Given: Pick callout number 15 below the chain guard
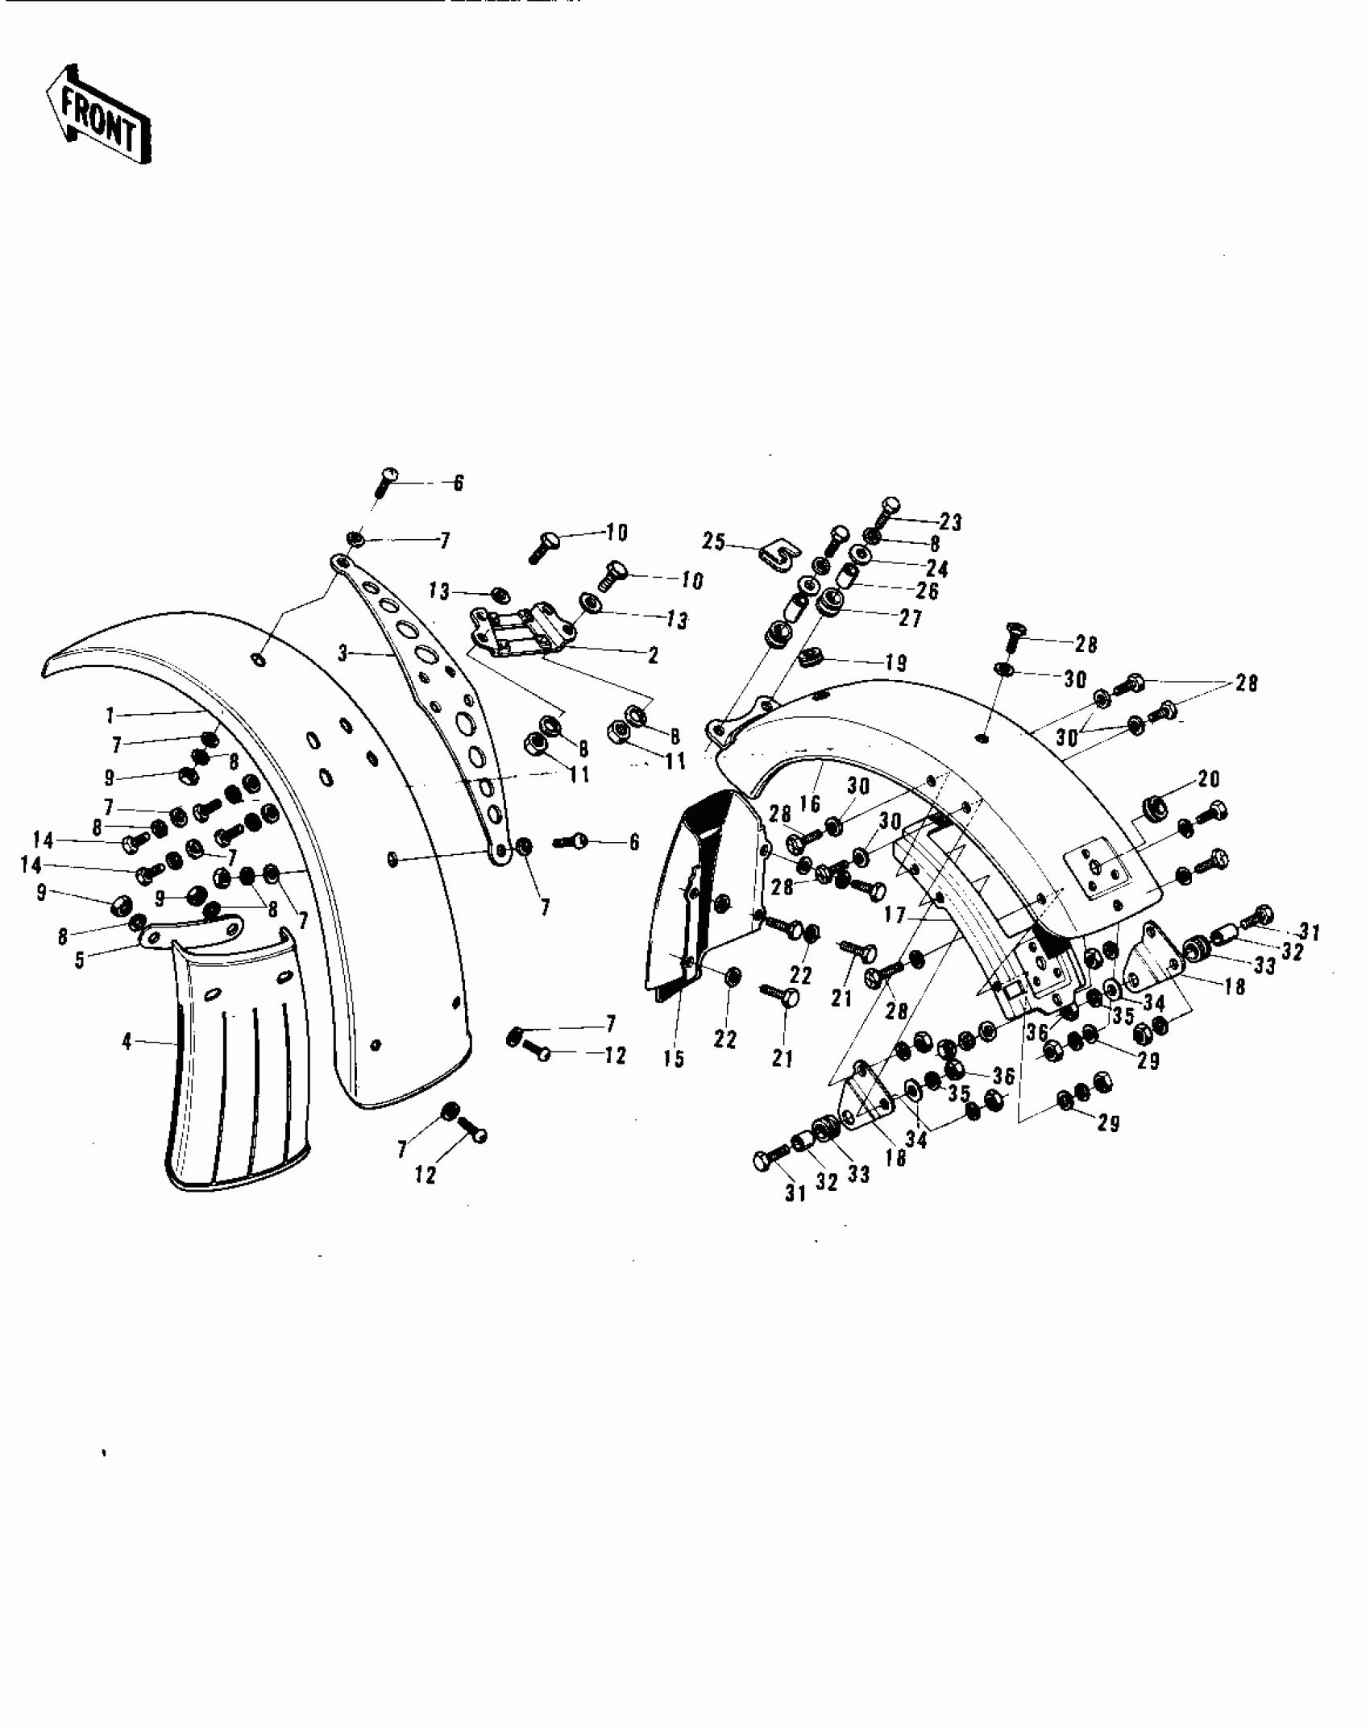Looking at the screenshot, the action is click(x=674, y=1059).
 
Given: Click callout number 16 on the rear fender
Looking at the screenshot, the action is click(x=810, y=803).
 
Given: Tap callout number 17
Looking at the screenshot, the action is click(x=894, y=916).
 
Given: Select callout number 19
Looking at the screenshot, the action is click(x=895, y=663).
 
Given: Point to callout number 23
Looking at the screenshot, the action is click(x=951, y=522).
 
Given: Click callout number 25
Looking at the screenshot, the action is click(x=714, y=541).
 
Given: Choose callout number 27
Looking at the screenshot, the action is click(x=911, y=618).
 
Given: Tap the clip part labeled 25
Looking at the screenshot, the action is click(x=778, y=555).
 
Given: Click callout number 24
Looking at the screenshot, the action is click(x=937, y=569).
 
